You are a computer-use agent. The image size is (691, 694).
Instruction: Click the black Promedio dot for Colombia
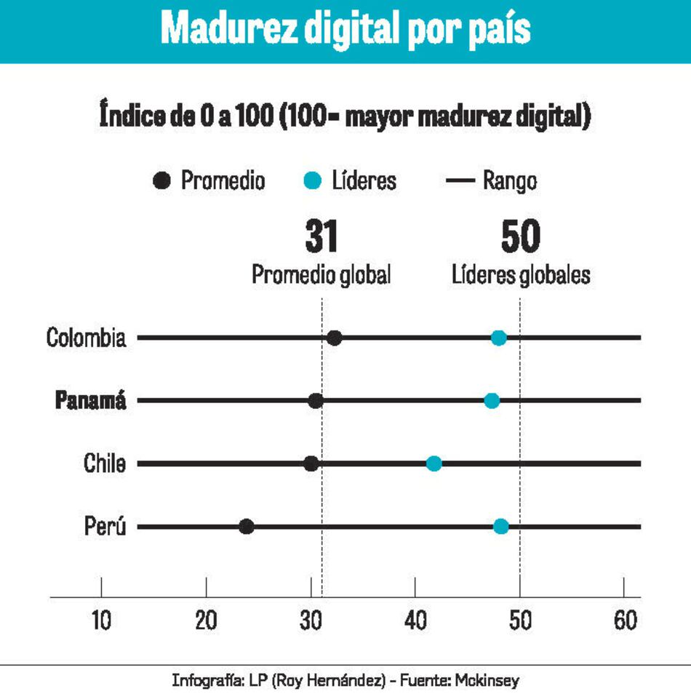click(x=335, y=338)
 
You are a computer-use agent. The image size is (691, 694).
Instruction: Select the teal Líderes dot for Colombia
click(x=498, y=338)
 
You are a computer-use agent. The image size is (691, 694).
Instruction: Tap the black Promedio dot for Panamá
click(x=316, y=401)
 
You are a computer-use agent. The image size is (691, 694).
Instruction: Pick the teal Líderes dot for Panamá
click(x=492, y=401)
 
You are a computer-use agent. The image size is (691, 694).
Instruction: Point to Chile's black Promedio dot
click(x=311, y=463)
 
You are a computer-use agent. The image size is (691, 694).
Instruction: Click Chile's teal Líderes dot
click(x=434, y=463)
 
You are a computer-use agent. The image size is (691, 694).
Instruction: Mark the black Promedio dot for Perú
click(x=247, y=527)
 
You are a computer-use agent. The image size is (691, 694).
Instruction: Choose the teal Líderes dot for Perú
click(x=501, y=527)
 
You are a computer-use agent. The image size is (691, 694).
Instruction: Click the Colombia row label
click(x=86, y=338)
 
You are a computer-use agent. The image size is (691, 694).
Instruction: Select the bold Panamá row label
click(x=91, y=401)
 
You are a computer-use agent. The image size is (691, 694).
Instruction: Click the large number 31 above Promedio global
click(x=321, y=237)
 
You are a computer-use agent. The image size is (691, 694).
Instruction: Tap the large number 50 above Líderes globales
click(x=520, y=237)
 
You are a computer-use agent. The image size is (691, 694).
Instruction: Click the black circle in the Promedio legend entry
click(x=164, y=180)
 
